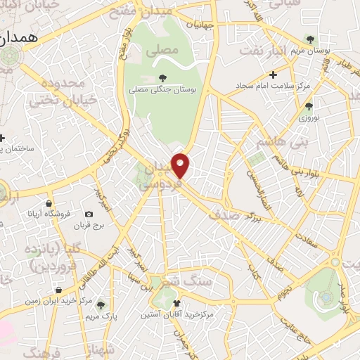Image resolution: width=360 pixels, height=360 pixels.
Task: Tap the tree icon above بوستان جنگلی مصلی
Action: [163, 79]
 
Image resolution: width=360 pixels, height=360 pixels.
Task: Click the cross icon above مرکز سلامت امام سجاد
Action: [274, 74]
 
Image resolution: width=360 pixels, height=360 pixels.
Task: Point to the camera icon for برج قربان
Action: [89, 214]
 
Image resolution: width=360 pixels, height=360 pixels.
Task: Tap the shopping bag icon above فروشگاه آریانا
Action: [49, 202]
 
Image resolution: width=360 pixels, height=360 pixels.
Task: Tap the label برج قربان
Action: [90, 226]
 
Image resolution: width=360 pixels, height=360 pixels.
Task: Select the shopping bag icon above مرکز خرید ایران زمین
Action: [58, 288]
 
